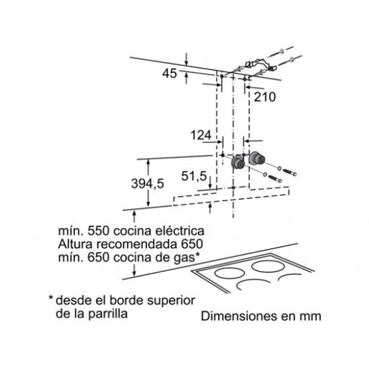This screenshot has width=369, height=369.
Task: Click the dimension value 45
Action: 169,73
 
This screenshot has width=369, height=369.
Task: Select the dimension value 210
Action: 265,97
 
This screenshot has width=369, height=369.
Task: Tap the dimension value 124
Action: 201,135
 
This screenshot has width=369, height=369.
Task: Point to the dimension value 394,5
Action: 148,184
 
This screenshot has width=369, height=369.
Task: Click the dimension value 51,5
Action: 194,176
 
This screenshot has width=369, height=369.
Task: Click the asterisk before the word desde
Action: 51,298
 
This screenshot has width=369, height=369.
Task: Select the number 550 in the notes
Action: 99,231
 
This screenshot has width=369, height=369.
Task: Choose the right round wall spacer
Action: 257,158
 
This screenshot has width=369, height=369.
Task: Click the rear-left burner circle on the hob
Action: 229,274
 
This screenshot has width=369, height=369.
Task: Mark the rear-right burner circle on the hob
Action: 268,266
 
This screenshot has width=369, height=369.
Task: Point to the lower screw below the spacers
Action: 275,178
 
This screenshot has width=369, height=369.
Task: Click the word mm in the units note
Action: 310,317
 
